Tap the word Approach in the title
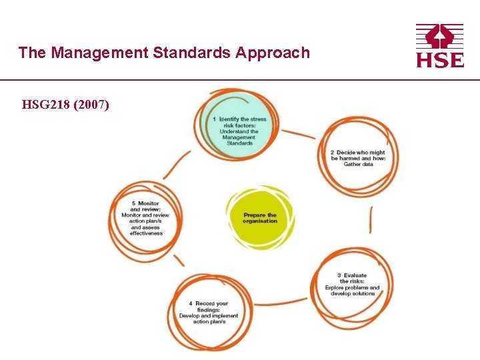(x=273, y=53)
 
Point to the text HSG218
(x=47, y=105)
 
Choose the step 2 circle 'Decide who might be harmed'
(x=358, y=158)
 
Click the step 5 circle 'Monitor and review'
(x=145, y=220)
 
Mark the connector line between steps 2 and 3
(x=371, y=220)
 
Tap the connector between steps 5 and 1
(x=176, y=164)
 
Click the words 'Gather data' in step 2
(x=358, y=164)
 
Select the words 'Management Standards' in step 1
(x=239, y=140)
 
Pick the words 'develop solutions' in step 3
(x=353, y=294)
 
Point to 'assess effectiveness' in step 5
(x=146, y=231)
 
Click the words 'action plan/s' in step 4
(x=209, y=321)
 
